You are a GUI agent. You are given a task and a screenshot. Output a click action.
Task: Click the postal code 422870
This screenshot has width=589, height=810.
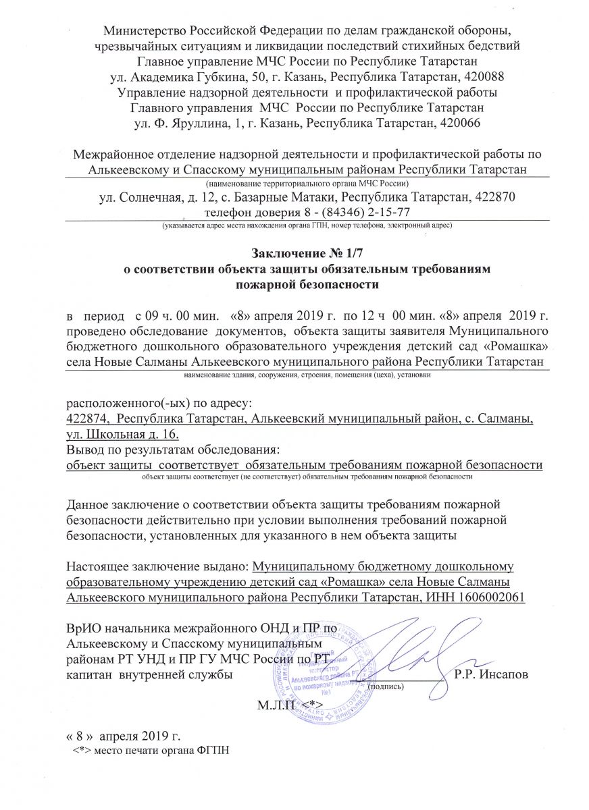tap(491, 198)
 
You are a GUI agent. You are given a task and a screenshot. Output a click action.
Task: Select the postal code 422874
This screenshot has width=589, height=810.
tap(86, 420)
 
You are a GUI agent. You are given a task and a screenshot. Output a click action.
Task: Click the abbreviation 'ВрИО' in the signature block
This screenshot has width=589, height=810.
tap(84, 628)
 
